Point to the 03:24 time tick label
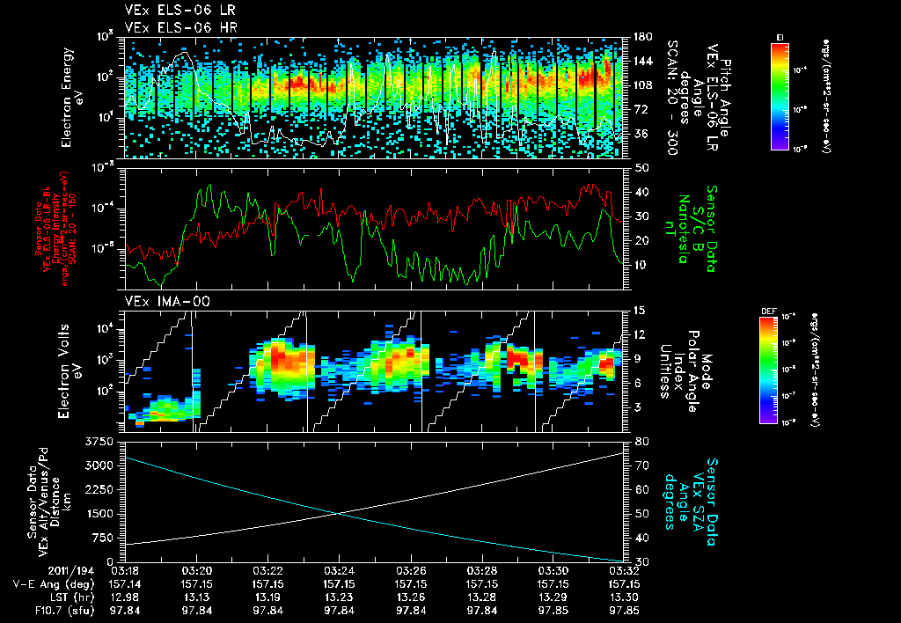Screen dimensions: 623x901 (x=339, y=571)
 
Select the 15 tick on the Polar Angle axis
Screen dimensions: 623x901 (x=638, y=311)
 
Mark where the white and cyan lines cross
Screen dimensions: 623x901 (x=339, y=513)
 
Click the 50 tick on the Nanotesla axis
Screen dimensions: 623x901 (x=640, y=167)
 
